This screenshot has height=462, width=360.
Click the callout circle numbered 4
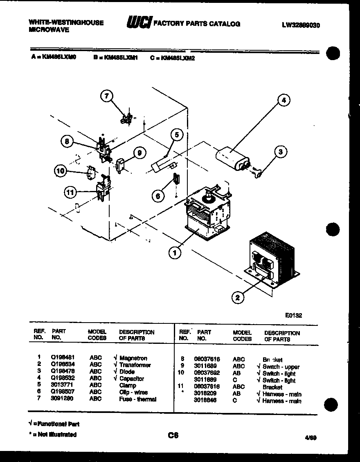click(283, 100)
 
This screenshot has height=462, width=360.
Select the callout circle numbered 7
click(107, 96)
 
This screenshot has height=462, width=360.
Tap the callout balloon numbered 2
click(237, 297)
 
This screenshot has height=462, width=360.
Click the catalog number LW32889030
click(301, 25)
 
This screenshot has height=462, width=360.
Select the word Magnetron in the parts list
click(133, 358)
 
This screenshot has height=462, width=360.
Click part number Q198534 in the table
click(63, 365)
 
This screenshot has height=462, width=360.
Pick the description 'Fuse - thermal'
click(137, 399)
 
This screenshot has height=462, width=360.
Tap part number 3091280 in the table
click(63, 399)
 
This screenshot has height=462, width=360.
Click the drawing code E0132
click(294, 316)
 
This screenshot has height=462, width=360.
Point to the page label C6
click(173, 435)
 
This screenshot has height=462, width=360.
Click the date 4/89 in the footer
click(311, 437)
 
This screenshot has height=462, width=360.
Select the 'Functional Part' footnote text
click(54, 424)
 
